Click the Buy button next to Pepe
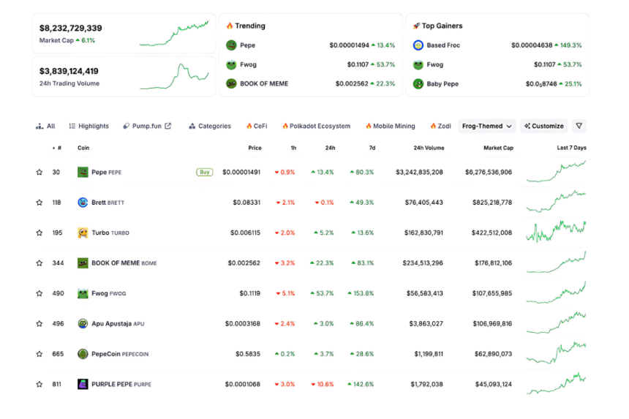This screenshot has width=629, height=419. pos(204,173)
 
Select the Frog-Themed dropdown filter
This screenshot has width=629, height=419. pos(486,126)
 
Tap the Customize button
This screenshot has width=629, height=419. pos(543,126)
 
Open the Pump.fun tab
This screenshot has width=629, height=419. pos(147,126)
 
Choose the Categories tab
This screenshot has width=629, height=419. pos(210,126)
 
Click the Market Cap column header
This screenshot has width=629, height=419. pos(497,148)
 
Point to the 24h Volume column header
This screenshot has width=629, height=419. pos(428,148)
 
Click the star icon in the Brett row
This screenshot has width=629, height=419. pos(39,203)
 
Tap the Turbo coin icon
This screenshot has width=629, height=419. pos(83,233)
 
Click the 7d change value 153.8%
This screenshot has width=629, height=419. pos(360,293)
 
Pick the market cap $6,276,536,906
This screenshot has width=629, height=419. pos(488,173)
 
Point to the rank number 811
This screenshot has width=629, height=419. pos(57,384)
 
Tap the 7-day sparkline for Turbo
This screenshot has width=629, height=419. pos(556,232)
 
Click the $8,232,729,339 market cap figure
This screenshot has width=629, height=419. pos(71,28)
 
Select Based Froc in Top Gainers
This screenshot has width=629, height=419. pos(443,45)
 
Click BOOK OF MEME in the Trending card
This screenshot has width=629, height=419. pos(264,83)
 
